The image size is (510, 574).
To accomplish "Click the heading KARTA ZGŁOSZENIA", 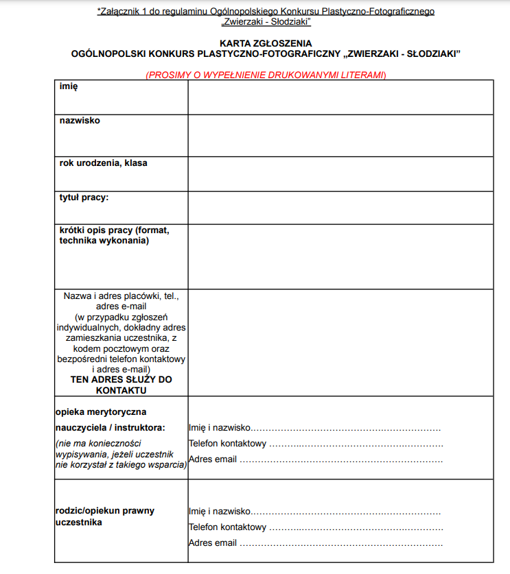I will pos(266,43).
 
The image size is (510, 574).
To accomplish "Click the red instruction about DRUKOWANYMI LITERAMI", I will pos(266,75).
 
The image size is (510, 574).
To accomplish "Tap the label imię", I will pos(69,86).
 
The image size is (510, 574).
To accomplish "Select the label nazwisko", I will pos(80,121).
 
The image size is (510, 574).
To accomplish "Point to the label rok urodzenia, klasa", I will pos(103,163).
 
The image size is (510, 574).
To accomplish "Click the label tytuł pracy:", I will pos(84,198).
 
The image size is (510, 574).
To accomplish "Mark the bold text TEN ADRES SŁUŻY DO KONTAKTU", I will pos(121,385).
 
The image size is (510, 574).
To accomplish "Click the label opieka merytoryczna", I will pos(101,412).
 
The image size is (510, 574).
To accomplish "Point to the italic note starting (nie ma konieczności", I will pos(121,454).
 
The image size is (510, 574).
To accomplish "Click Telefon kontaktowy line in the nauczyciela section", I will pos(316,444).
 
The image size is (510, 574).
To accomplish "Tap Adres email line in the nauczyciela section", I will pos(316,459).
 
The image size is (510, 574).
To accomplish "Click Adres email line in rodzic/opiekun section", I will pos(316,543).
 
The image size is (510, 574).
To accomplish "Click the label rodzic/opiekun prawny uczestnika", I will pos(105,516).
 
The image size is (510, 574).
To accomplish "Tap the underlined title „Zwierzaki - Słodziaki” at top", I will pos(266,22).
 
